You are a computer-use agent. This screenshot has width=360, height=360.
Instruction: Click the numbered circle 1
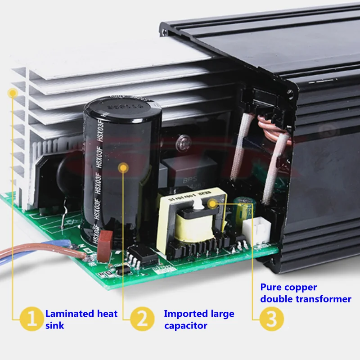31,319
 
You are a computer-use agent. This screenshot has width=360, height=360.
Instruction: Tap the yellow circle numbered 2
142,319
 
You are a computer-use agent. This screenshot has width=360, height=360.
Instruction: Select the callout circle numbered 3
272,319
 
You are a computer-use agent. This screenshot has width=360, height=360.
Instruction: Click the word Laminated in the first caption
69,314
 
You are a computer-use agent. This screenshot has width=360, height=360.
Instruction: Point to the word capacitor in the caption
185,325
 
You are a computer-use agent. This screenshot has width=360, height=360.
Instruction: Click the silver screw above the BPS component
182,143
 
